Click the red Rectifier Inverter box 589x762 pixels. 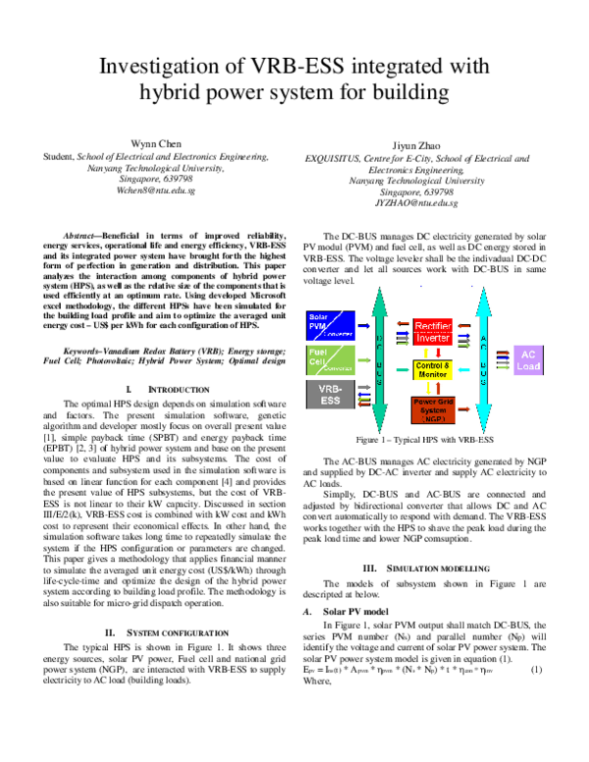click(x=433, y=332)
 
